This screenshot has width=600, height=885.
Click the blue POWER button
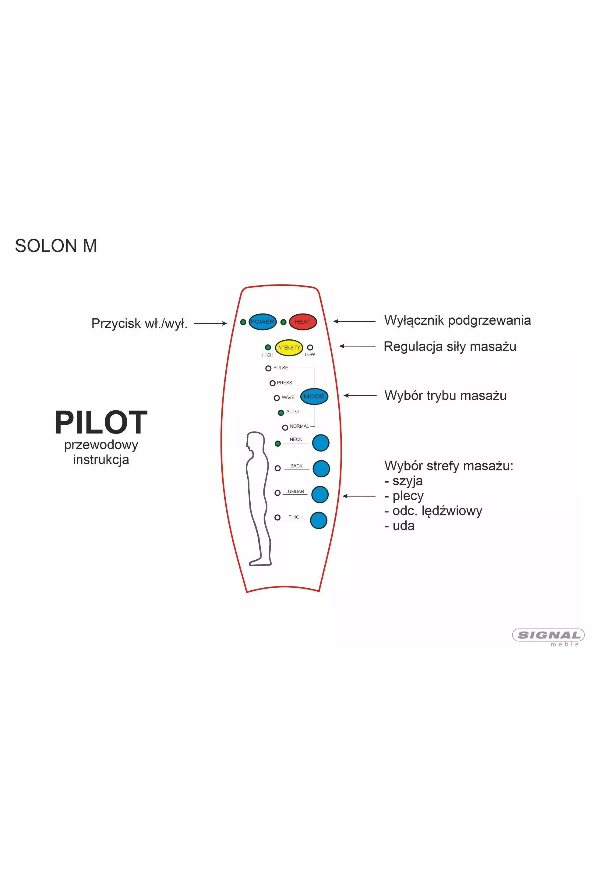262,322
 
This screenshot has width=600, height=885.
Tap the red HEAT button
303,322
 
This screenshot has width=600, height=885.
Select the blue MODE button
314,396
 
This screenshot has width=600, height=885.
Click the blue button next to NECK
320,443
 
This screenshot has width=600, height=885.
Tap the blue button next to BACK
321,469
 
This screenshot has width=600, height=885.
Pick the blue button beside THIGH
319,520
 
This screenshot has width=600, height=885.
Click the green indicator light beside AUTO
281,412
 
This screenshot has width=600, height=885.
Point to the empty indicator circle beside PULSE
268,368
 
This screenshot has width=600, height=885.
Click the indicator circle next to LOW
310,347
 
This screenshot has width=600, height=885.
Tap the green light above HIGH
268,347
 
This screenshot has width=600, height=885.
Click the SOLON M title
56,246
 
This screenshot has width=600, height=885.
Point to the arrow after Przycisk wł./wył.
211,324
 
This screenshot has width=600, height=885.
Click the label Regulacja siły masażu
450,347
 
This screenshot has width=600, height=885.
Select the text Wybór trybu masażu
445,395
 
